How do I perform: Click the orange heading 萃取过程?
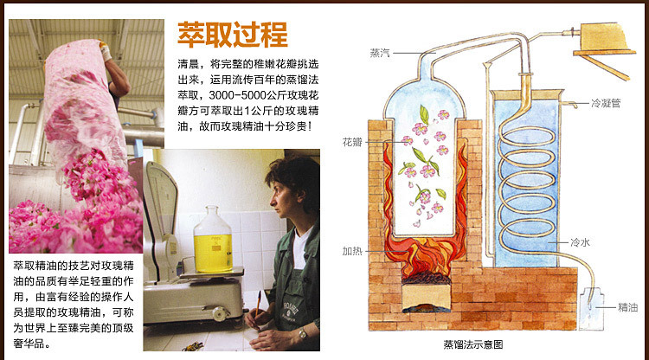tap(233, 35)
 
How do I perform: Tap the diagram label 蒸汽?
tap(380, 53)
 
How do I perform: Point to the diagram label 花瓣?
tap(352, 142)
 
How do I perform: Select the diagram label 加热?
tap(352, 251)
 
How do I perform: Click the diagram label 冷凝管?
tap(606, 104)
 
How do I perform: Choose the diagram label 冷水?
tap(581, 242)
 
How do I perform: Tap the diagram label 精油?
tap(628, 307)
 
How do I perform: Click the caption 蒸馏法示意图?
tap(473, 344)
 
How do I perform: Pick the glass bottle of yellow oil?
tap(213, 241)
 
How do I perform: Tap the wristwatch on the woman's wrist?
tap(303, 333)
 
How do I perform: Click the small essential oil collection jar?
tap(591, 309)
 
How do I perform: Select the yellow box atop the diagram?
tap(602, 37)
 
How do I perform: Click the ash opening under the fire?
tap(427, 299)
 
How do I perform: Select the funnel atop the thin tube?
tap(488, 65)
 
